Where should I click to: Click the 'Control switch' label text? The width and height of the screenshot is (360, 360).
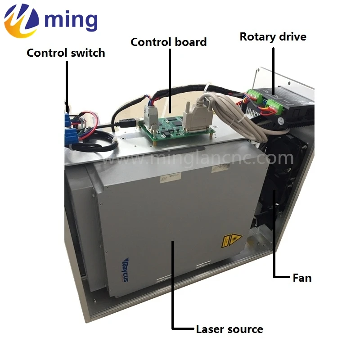66,53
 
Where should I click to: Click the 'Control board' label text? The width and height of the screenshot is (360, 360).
168,42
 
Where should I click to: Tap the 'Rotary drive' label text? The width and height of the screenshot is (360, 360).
273,36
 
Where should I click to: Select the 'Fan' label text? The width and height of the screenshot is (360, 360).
302,278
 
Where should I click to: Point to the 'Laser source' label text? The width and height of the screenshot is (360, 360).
229,329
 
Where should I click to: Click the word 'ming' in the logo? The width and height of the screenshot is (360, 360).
71,20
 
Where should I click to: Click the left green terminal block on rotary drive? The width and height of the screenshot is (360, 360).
253,96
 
